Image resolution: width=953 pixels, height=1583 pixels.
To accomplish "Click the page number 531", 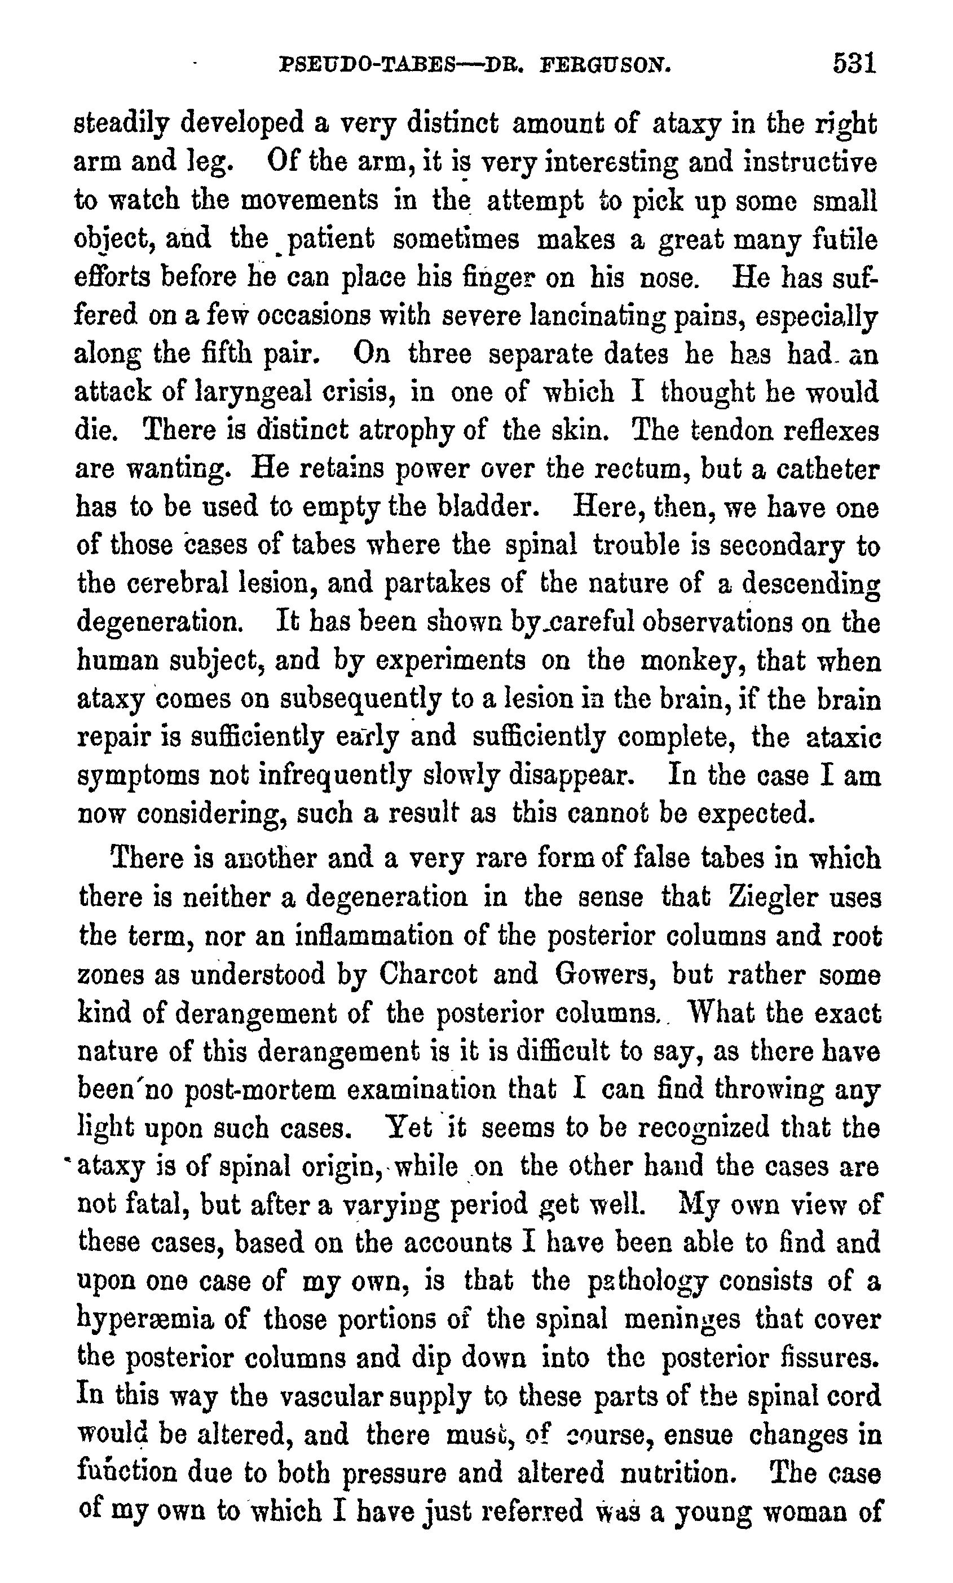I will point(854,64).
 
